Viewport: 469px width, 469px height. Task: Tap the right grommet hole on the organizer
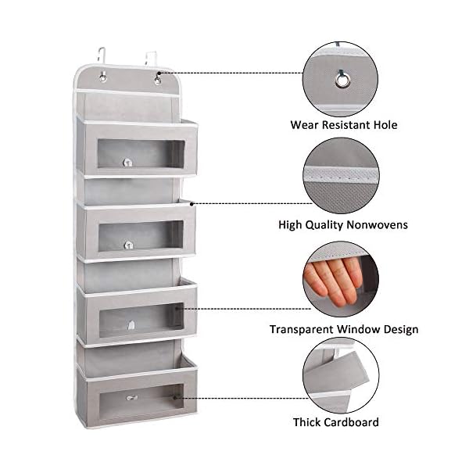157,79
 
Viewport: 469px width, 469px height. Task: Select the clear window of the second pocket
138,235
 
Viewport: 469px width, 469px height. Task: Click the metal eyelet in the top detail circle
341,77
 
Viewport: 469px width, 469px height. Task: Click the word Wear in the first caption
305,125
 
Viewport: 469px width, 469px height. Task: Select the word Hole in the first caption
383,125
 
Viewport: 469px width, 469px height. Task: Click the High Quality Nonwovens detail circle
341,176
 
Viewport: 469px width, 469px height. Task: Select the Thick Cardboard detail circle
341,375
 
